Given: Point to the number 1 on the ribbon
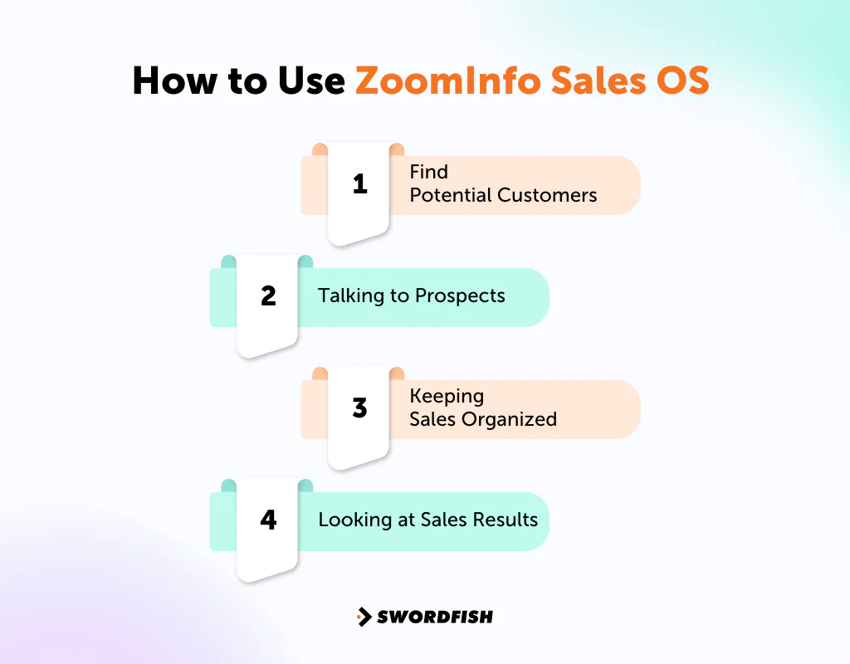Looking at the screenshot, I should coord(359,184).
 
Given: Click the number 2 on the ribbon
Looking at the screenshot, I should coord(268,296).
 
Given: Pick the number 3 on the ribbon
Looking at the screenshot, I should coord(359,408).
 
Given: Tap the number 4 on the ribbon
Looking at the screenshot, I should coord(268,520).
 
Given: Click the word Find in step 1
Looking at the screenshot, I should coord(428,172).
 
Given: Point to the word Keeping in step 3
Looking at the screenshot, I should coord(447,396).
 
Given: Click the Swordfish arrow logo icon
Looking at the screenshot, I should coord(364,617).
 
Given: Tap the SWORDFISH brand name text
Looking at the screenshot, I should coord(435,617).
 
